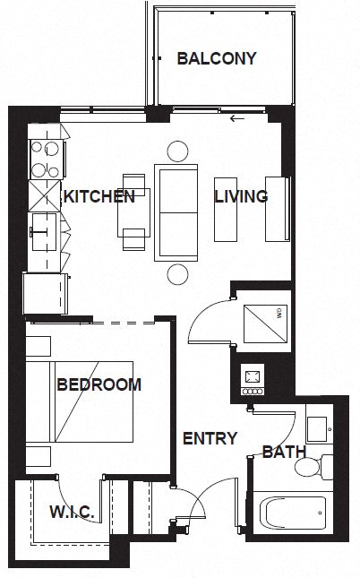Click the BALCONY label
click(217, 59)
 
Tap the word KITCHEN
click(99, 196)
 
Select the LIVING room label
click(241, 197)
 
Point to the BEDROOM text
click(99, 385)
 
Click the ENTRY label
click(210, 438)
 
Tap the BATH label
click(284, 452)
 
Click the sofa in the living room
click(178, 211)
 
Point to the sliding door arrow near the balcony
click(237, 118)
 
